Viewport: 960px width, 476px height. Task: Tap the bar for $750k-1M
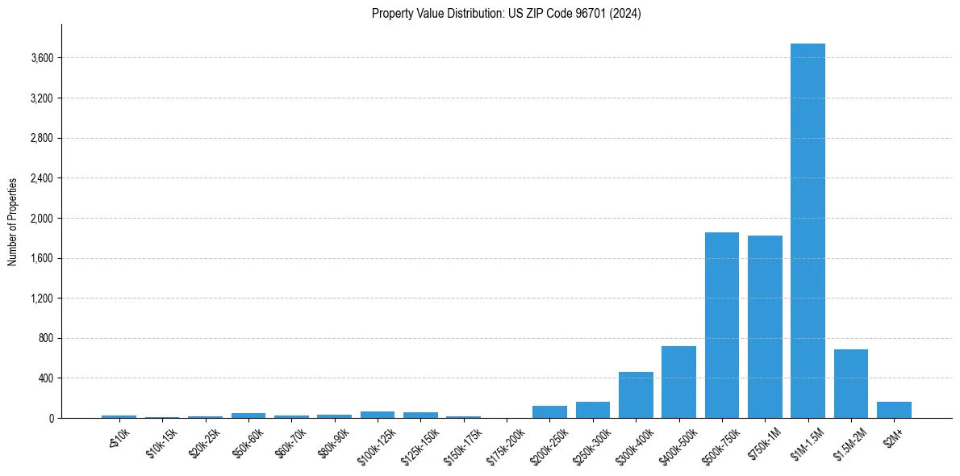765,327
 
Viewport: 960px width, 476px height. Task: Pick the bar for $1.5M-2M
850,384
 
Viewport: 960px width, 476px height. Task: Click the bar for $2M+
894,410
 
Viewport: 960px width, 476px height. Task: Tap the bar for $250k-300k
593,410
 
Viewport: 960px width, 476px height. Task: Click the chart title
506,14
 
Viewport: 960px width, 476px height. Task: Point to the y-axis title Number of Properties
13,222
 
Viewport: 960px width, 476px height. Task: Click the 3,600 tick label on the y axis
40,58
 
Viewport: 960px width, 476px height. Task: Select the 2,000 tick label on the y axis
40,219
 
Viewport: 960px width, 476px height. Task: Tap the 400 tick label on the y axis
44,378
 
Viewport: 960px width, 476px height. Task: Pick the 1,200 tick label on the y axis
40,299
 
